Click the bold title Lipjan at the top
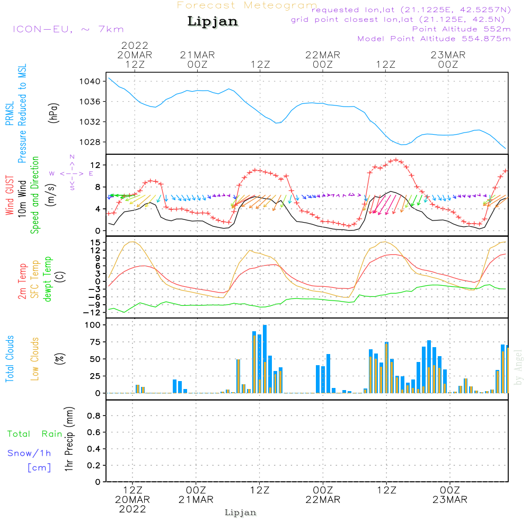tap(213, 21)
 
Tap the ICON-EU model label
tap(68, 29)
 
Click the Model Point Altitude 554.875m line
tap(434, 39)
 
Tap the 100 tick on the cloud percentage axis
tap(93, 325)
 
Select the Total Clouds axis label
tap(10, 359)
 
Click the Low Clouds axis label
tap(35, 359)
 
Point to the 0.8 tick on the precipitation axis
tap(94, 416)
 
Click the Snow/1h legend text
tap(29, 454)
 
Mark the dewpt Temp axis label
tap(48, 279)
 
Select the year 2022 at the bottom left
tap(132, 509)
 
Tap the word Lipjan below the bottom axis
tap(241, 513)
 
